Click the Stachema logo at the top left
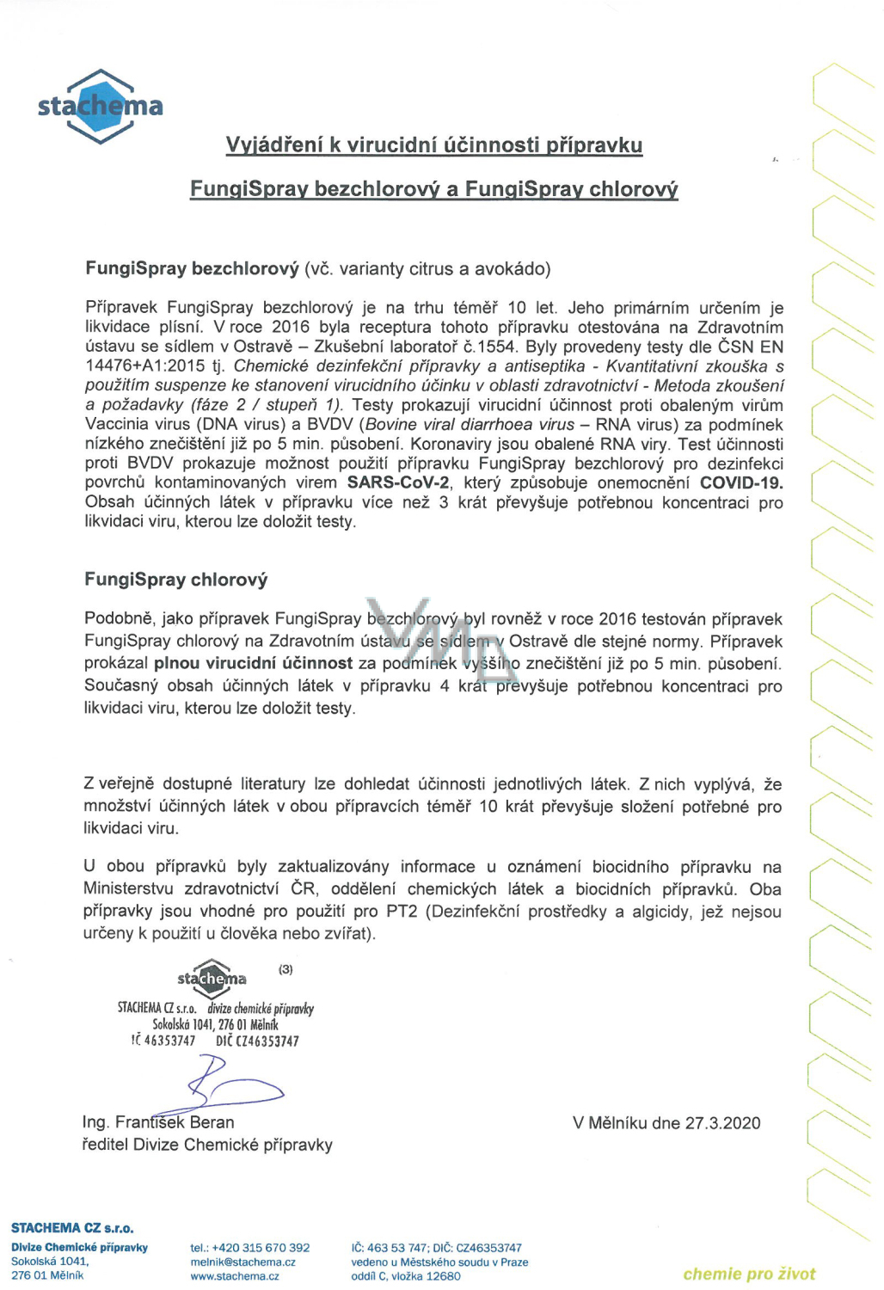coord(101,106)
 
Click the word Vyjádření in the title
coord(274,144)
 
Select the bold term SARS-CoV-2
coord(398,482)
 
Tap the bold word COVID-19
coord(740,482)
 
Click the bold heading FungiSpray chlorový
coord(176,580)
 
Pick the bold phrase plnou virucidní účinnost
coord(253,663)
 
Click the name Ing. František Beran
coord(158,1122)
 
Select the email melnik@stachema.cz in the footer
coord(243,1262)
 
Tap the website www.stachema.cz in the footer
coord(235,1276)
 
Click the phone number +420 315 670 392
coord(261,1248)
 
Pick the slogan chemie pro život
coord(749,1274)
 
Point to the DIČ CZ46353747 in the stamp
coord(258,1041)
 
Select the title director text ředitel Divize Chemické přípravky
coord(207,1145)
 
